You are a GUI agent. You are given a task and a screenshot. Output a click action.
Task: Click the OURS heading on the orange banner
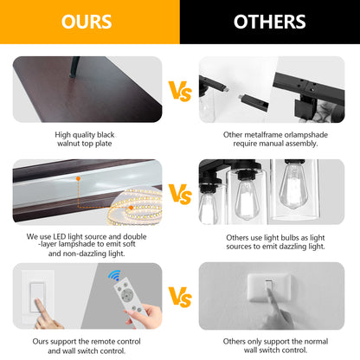[87, 22]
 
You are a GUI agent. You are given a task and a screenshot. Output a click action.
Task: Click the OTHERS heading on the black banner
[270, 22]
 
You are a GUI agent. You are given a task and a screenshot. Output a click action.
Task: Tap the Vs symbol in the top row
[180, 91]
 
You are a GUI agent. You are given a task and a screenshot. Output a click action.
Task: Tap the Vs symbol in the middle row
[180, 194]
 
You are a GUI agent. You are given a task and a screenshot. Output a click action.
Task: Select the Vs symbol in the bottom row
[180, 297]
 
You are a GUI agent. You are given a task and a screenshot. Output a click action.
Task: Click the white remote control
[129, 299]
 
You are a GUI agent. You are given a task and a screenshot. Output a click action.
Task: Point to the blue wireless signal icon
[114, 275]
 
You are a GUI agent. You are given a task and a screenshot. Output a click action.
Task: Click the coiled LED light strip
[135, 206]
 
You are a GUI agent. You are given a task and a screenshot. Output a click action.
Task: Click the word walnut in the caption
[68, 144]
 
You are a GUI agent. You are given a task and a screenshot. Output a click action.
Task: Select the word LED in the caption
[60, 236]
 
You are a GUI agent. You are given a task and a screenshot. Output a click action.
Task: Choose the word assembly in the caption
[303, 144]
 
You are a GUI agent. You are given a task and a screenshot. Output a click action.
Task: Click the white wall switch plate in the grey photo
[268, 287]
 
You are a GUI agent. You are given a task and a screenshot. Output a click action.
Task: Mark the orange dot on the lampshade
[78, 179]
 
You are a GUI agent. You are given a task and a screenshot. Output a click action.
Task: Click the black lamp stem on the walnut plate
[74, 67]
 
